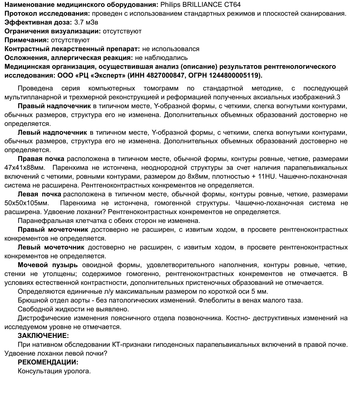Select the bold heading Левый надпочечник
[52, 132]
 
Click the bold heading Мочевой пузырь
[47, 265]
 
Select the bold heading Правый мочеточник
[53, 229]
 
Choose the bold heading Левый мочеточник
[51, 247]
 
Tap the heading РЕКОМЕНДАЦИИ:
[48, 362]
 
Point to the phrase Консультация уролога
[54, 371]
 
